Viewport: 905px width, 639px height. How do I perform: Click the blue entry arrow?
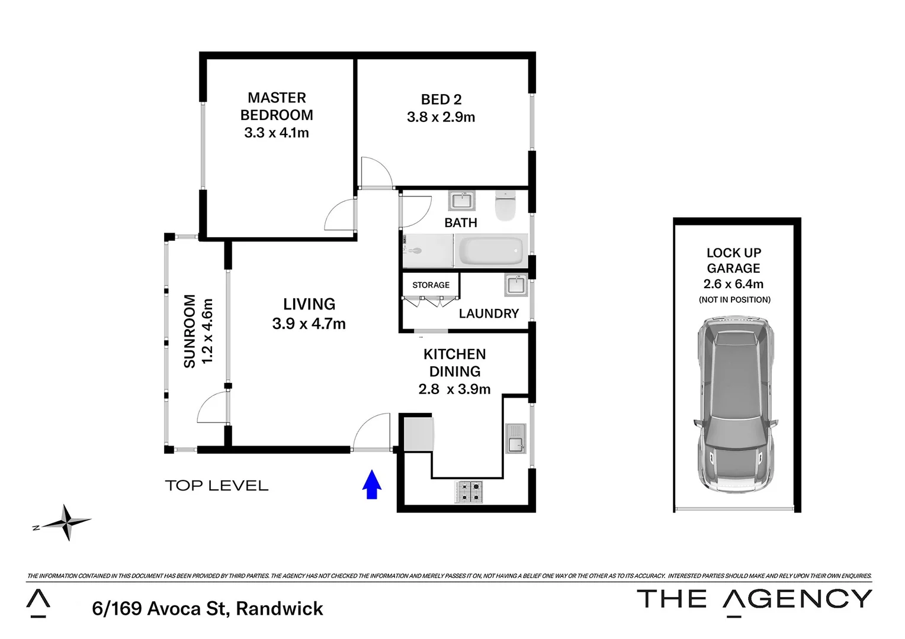[x=371, y=485]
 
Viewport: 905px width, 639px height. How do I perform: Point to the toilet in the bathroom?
[x=506, y=206]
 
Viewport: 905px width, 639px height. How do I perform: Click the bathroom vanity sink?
[x=461, y=201]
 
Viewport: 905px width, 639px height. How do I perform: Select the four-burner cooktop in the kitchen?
[x=468, y=492]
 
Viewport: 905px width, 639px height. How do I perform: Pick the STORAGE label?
[x=431, y=285]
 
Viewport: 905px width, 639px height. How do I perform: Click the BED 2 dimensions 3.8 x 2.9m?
[x=441, y=117]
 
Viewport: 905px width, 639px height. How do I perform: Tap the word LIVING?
[x=309, y=304]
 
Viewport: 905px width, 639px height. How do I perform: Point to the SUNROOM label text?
[x=190, y=331]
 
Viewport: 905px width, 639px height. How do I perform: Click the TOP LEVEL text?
[x=217, y=486]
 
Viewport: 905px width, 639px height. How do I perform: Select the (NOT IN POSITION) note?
[x=734, y=300]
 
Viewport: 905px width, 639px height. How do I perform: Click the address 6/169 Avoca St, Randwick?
[x=208, y=608]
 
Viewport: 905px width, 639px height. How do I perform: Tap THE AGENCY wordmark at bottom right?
[x=754, y=599]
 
